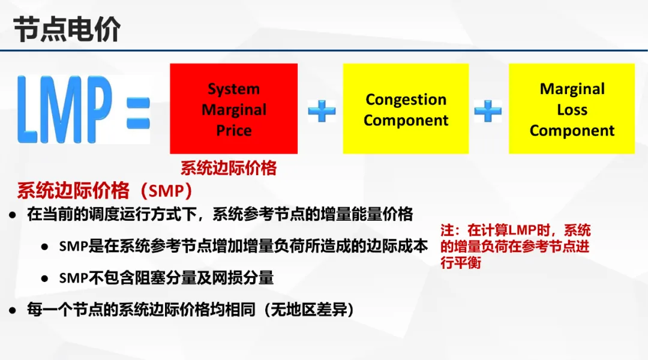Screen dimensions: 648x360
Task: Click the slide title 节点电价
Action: point(67,29)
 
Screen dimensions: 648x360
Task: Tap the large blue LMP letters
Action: point(64,109)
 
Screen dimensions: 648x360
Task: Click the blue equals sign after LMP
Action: point(138,113)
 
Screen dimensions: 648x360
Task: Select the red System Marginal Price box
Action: point(233,109)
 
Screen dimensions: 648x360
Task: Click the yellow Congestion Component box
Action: point(406,109)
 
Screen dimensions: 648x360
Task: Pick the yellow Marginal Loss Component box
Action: point(572,109)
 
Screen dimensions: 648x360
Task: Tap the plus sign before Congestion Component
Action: point(322,111)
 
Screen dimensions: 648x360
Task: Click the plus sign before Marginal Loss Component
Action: point(488,111)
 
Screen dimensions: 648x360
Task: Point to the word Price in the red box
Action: point(234,131)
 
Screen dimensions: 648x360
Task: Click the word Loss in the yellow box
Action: point(572,110)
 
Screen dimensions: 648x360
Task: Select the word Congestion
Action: point(406,100)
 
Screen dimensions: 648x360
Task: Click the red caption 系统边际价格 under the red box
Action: point(229,168)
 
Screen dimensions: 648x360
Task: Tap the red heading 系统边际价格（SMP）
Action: point(105,191)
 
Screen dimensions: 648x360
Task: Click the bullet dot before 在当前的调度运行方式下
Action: point(13,215)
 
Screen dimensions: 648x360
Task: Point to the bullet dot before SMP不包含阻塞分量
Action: point(44,279)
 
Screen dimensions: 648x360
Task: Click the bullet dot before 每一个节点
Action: point(13,310)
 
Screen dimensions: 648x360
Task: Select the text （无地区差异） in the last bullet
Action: point(308,310)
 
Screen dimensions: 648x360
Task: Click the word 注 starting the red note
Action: point(447,230)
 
